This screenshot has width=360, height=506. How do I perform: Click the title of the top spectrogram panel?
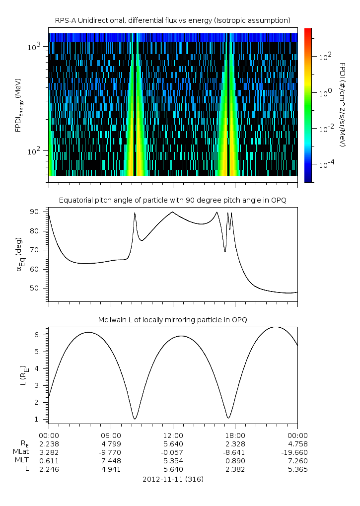click(173, 20)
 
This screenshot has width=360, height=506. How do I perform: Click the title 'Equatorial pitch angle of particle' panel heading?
click(173, 200)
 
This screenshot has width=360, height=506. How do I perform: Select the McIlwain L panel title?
click(173, 320)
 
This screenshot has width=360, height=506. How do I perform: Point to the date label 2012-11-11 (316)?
click(173, 479)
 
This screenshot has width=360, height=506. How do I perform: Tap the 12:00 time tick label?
click(173, 434)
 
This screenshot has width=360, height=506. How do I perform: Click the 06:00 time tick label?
click(111, 434)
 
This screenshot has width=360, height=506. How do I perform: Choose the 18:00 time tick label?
click(235, 434)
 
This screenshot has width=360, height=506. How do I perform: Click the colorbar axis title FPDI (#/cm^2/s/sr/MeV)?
click(343, 105)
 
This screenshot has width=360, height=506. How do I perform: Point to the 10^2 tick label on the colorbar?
click(325, 57)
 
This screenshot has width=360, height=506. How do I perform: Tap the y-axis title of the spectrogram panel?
click(18, 105)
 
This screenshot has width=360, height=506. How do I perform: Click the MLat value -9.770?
click(111, 452)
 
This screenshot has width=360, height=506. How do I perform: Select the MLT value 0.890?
click(235, 461)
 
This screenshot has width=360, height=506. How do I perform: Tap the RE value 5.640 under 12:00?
click(173, 444)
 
